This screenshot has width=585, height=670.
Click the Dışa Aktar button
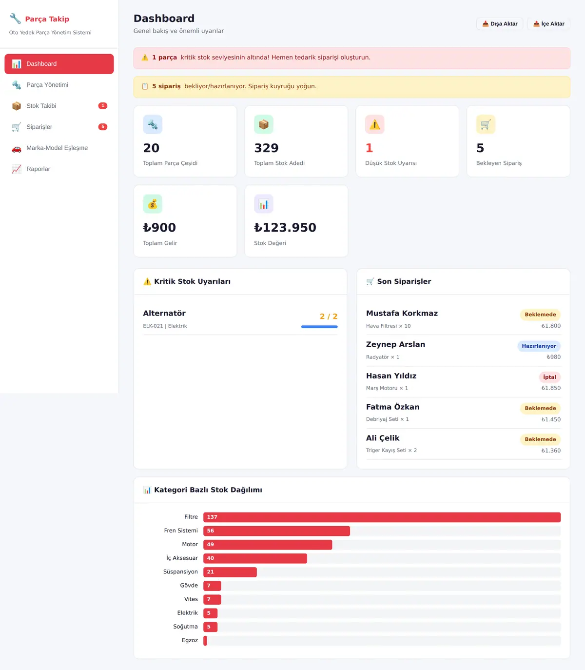(x=499, y=24)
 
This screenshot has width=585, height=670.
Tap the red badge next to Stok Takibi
(x=103, y=106)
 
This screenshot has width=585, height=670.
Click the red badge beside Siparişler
(x=103, y=127)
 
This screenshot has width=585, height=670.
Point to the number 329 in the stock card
(x=266, y=148)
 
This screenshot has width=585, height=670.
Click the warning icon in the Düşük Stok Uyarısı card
(x=374, y=124)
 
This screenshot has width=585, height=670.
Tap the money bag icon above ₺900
(x=153, y=204)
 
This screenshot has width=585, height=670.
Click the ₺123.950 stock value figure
(x=285, y=228)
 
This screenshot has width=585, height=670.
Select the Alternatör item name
(x=164, y=314)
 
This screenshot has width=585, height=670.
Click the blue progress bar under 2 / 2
(x=319, y=327)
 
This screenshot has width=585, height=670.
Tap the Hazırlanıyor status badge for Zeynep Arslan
(x=539, y=346)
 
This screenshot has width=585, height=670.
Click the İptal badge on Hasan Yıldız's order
(x=549, y=377)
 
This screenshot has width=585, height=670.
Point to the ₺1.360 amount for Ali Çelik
(x=550, y=451)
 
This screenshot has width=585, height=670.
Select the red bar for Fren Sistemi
(x=276, y=531)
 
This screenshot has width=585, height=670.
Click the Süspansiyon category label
(x=180, y=572)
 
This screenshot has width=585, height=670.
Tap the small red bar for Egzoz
(x=205, y=641)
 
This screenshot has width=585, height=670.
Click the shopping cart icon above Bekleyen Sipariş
(x=486, y=124)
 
